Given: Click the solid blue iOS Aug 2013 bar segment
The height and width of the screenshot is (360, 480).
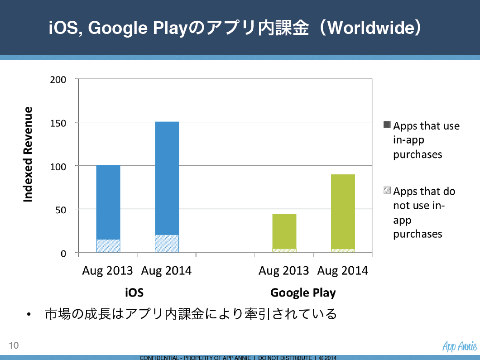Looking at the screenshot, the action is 108,202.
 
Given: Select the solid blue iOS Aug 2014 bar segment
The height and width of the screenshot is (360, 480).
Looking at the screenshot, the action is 167,178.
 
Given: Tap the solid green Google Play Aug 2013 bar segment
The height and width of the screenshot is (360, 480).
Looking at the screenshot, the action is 284,231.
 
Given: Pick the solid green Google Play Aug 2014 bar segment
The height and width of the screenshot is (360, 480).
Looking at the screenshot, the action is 343,211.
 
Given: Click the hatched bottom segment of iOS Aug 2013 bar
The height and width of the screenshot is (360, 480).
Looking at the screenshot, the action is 108,246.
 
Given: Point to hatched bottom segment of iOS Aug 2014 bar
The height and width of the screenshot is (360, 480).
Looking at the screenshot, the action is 167,244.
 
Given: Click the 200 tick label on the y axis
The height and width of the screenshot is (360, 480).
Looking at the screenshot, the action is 58,80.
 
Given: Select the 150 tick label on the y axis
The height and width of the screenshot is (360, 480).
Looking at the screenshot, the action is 58,123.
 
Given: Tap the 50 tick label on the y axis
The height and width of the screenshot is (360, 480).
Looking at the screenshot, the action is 61,210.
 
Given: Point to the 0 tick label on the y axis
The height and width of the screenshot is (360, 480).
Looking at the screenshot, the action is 63,254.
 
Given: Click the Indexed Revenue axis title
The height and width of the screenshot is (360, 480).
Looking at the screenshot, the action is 28,154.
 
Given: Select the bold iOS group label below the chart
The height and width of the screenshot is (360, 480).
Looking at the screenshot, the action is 134,293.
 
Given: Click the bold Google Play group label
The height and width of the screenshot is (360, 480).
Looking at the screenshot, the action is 303,293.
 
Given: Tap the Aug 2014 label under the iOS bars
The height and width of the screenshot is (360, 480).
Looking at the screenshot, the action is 166,271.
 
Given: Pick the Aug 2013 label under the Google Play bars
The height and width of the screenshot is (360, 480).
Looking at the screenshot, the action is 284,271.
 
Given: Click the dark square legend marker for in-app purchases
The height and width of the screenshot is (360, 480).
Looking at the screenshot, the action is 387,125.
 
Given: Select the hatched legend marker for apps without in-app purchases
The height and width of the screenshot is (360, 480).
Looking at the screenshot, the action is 387,190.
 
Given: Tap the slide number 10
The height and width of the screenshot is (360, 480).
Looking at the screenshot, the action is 14,346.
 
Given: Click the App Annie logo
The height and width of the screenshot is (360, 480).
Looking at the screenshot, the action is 460,346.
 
